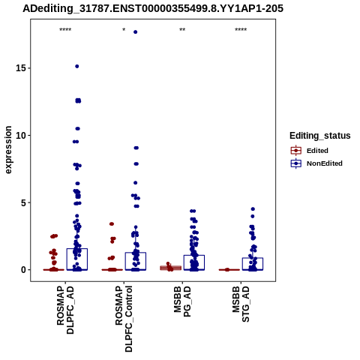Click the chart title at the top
click(x=153, y=8)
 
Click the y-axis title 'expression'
click(x=8, y=150)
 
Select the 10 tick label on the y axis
click(x=21, y=135)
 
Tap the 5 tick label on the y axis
click(x=24, y=202)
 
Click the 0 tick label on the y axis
click(x=24, y=270)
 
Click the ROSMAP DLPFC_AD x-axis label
click(x=65, y=310)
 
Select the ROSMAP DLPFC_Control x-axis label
click(x=124, y=319)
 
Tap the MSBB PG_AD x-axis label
click(x=182, y=301)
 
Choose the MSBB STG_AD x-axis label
click(x=241, y=304)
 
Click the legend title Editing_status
click(x=320, y=136)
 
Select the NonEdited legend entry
click(x=316, y=163)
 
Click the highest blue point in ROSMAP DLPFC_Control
click(x=135, y=32)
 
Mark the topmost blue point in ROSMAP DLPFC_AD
click(x=77, y=66)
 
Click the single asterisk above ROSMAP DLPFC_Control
click(x=124, y=30)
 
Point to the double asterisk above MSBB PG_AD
click(x=182, y=30)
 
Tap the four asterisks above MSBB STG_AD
click(x=241, y=30)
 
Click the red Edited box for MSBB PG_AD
click(x=170, y=268)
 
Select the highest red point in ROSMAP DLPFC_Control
click(x=112, y=224)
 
